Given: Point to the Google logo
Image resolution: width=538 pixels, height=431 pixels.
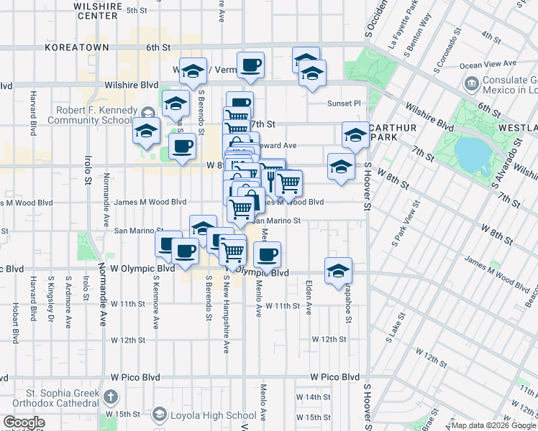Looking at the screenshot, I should point(24,422).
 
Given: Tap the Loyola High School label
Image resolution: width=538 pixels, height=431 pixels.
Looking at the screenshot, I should point(213,415).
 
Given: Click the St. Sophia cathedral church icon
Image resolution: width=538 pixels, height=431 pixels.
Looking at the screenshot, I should point(110,396).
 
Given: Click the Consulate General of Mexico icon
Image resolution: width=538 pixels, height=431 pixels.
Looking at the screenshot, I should point(472,83).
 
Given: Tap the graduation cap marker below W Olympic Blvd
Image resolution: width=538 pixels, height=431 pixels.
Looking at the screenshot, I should point(338,271).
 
